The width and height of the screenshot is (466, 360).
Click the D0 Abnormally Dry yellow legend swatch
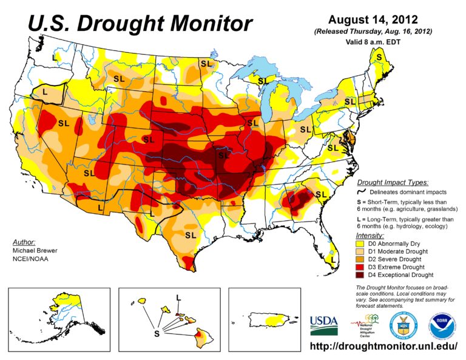tap(360, 243)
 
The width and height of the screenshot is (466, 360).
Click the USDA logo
tap(325, 325)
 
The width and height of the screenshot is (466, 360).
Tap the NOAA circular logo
tap(441, 325)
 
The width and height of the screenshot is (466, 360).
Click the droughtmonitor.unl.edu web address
tap(383, 347)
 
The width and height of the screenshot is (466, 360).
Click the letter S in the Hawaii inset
tap(157, 333)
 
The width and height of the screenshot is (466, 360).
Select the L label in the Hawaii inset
tap(178, 297)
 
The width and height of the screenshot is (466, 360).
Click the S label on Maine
tap(379, 56)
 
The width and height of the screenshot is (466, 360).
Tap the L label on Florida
tap(333, 259)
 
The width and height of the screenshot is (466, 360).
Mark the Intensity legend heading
tap(370, 234)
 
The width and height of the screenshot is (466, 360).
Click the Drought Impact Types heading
tap(393, 182)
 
